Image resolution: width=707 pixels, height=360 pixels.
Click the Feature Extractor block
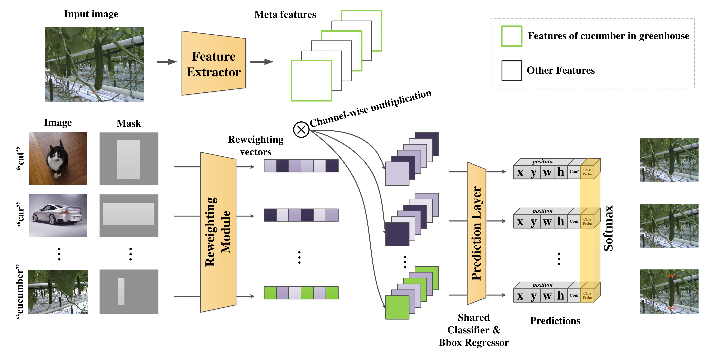click(x=213, y=64)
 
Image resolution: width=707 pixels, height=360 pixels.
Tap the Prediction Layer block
click(x=476, y=233)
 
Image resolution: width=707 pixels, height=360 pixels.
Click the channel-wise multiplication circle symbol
click(x=301, y=130)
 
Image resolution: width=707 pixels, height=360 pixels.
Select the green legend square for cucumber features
click(x=512, y=36)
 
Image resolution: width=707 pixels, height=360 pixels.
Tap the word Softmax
click(x=608, y=228)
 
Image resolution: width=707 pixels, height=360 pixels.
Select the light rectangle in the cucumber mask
click(x=121, y=291)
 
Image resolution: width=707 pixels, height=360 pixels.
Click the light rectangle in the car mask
click(x=128, y=214)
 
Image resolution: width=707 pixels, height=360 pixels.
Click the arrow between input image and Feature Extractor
click(x=167, y=62)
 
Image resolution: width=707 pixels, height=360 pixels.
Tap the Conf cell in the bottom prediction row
click(x=574, y=295)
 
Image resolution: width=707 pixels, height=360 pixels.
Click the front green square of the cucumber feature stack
click(x=397, y=307)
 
